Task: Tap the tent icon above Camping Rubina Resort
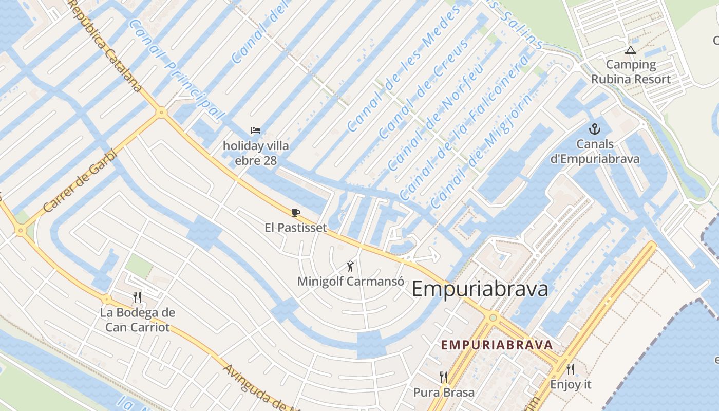[x=630, y=50]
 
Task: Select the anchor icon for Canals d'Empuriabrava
[x=595, y=129]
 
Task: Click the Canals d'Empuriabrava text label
[x=595, y=152]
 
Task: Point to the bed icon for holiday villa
[x=255, y=130]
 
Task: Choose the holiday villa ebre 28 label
[x=256, y=153]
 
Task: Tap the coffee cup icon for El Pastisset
[x=295, y=213]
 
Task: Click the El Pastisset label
[x=296, y=227]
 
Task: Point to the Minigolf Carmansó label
[x=351, y=282]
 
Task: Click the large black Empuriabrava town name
[x=480, y=289]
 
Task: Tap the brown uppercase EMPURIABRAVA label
[x=497, y=345]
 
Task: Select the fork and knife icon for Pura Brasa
[x=444, y=377]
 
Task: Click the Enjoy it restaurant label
[x=571, y=384]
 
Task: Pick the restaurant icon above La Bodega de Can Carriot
[x=137, y=297]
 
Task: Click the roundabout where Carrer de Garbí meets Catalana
[x=162, y=111]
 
